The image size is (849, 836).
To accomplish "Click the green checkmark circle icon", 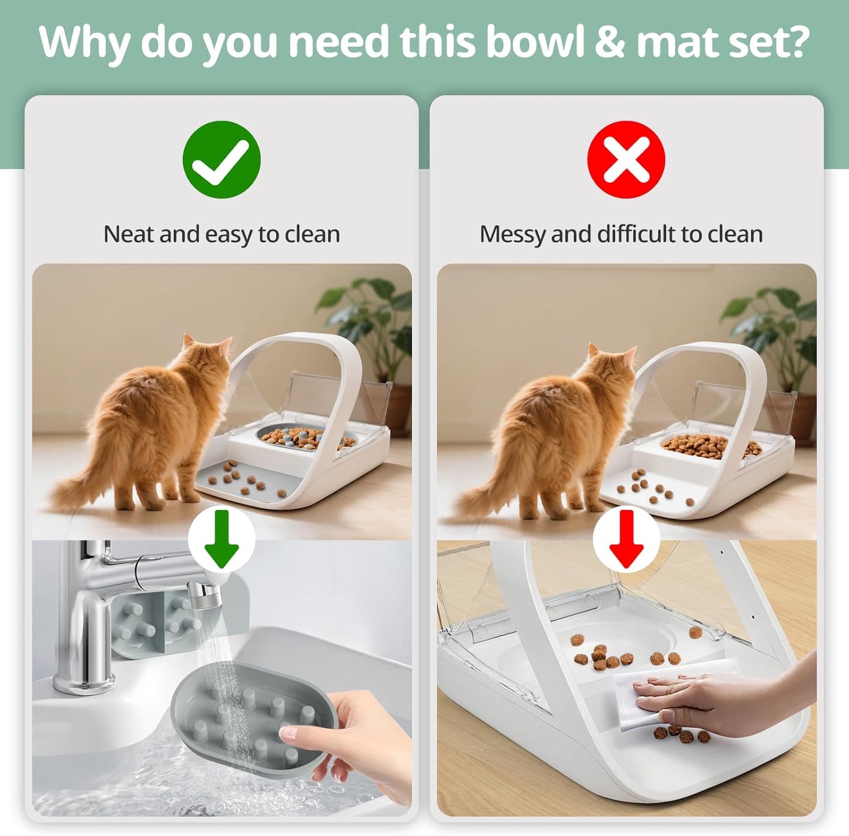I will [222, 159].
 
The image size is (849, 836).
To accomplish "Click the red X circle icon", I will [626, 159].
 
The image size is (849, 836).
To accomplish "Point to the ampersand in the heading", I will [610, 42].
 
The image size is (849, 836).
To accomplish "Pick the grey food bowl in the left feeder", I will [306, 438].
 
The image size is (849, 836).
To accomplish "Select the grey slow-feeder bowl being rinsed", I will [253, 723].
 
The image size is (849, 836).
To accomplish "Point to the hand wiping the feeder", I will [705, 699].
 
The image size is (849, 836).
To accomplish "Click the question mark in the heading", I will [797, 42].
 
